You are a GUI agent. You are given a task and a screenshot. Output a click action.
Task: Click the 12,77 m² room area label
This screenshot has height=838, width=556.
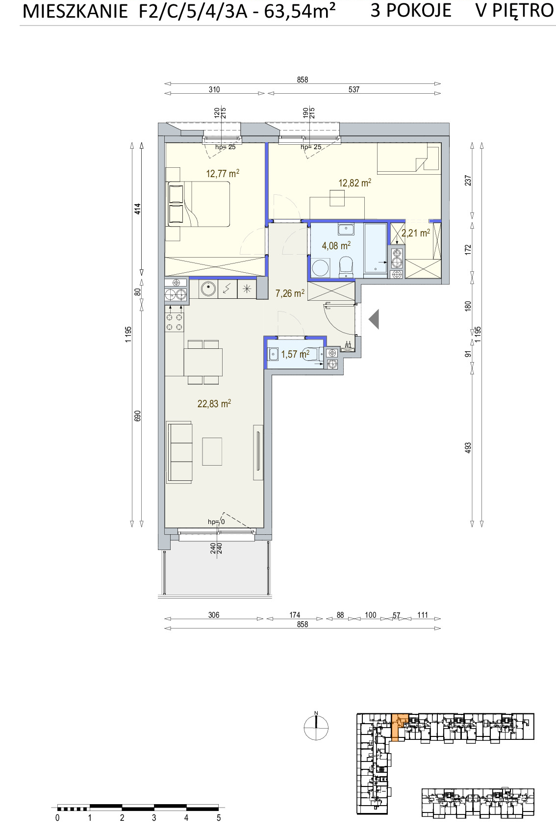(x=223, y=174)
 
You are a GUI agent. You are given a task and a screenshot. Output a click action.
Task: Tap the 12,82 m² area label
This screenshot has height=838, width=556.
(x=354, y=183)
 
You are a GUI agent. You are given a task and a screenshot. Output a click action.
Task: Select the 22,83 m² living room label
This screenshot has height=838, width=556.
(x=214, y=404)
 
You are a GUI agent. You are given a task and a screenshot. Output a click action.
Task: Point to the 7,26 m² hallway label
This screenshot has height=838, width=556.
(x=290, y=293)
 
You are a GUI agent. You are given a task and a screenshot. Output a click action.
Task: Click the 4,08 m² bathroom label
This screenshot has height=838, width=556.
(x=336, y=245)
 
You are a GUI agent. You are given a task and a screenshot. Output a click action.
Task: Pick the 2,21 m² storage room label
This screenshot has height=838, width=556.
(x=415, y=233)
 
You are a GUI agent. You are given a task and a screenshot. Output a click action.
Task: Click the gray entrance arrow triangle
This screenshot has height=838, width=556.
(x=374, y=319)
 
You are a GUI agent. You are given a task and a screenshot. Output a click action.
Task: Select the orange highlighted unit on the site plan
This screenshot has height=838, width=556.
(x=398, y=727)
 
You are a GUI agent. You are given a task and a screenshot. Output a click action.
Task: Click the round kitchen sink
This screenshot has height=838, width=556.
(x=207, y=288)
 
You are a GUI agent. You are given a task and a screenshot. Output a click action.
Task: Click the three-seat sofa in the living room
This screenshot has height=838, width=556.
(x=179, y=452)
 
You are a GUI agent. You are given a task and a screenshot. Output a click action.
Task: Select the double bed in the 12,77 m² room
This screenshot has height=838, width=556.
(x=198, y=204)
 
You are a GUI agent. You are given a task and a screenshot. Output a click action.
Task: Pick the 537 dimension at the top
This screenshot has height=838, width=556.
(x=354, y=89)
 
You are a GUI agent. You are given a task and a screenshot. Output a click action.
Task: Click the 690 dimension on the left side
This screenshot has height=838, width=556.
(x=137, y=416)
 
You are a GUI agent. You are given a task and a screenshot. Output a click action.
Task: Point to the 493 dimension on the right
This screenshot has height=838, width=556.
(x=468, y=448)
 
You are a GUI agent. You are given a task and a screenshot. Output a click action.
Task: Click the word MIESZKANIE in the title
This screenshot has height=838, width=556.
(x=75, y=11)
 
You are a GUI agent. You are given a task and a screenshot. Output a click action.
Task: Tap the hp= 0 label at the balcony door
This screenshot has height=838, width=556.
(x=217, y=522)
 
